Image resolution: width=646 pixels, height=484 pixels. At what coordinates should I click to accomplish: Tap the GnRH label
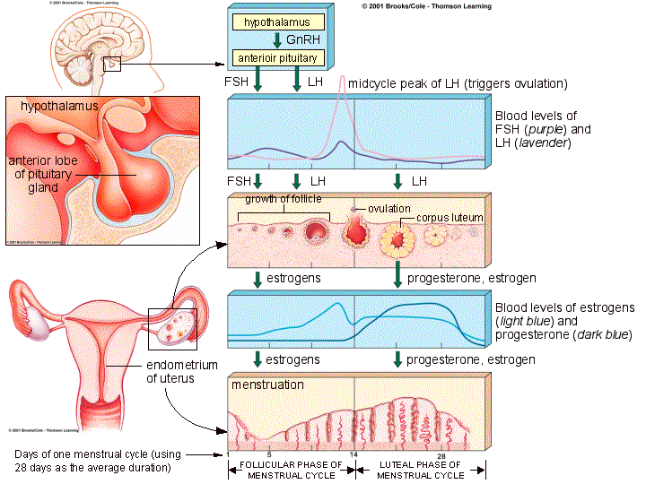coord(298,39)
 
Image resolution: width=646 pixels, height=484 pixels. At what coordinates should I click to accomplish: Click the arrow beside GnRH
coord(276,39)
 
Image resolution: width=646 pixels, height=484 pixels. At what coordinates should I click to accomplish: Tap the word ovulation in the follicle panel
coord(388,209)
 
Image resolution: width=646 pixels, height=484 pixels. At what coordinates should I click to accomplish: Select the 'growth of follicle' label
coord(283,199)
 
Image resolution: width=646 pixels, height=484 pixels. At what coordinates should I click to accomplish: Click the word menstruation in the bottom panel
coord(267,385)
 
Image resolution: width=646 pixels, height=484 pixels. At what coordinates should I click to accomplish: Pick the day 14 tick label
coord(355,456)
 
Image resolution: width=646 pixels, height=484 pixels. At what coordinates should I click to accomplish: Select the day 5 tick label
coord(268,456)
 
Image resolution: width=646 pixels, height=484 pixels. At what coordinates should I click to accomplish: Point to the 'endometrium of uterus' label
coord(179,372)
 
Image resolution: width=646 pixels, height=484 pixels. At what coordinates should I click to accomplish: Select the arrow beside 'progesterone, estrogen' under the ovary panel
coord(397,278)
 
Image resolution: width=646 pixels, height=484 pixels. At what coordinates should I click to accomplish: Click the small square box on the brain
coord(111,64)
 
